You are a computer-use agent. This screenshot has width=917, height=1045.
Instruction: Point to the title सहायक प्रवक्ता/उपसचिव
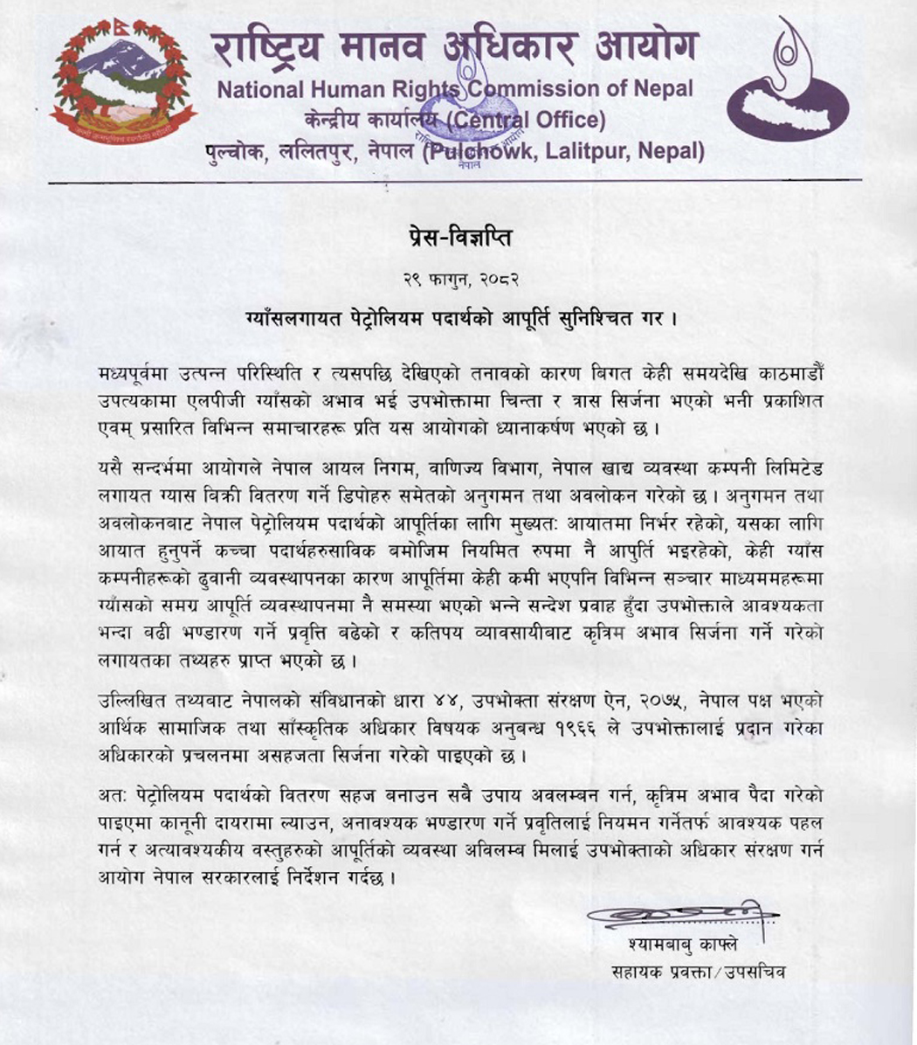[x=699, y=972]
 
